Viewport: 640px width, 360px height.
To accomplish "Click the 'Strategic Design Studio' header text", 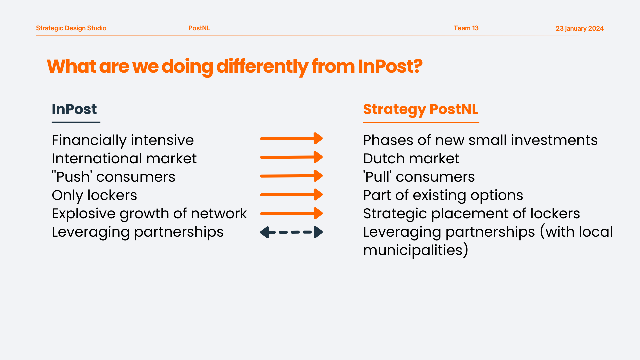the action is coord(71,28).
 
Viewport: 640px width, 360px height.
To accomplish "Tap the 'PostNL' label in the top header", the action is coord(199,28).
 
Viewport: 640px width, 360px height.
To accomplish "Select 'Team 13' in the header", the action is coord(466,28).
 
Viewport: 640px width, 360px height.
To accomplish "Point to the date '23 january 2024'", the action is coord(580,29).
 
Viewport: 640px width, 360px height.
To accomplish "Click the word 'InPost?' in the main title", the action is coord(390,66).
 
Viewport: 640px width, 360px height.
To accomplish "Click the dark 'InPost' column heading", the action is coord(74,109).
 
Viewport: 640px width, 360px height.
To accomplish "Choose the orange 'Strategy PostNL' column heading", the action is coord(421,110).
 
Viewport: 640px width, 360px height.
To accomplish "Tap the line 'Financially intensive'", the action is coord(123,140).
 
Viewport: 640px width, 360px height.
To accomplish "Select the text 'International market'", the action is coord(124,159).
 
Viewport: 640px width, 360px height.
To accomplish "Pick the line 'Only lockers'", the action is coord(94,195).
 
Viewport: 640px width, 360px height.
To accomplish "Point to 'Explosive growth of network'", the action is coord(149,214).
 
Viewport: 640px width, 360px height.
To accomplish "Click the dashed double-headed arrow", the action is coord(291,232).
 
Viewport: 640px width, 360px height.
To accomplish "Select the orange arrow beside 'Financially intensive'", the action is coord(291,138).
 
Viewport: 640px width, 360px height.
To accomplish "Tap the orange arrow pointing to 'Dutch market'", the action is coord(291,157).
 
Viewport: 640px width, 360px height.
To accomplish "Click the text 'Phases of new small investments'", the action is coord(480,140).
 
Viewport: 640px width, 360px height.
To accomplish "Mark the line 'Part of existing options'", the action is coord(443,195).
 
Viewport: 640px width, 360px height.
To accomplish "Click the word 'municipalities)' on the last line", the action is coord(416,250).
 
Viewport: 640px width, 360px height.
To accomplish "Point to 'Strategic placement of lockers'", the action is coord(471,214).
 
